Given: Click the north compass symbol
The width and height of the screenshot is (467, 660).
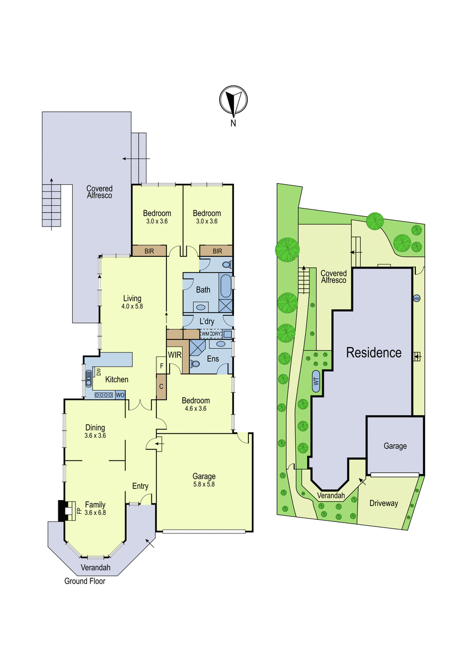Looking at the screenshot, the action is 233,100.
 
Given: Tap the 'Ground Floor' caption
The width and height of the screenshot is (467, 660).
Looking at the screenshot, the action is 85,581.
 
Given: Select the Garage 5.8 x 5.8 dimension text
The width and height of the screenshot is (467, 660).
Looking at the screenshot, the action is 204,484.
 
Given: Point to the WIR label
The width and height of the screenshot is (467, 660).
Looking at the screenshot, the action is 175,355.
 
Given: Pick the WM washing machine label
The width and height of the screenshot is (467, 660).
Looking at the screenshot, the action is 205,334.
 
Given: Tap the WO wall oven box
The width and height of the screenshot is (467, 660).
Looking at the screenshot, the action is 120,395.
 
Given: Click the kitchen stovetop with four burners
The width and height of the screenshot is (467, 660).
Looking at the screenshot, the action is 104,395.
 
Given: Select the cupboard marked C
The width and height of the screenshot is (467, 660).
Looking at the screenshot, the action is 161,387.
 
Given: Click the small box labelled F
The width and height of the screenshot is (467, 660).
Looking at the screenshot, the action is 161,366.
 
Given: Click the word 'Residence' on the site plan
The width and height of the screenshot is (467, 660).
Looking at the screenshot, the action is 374,353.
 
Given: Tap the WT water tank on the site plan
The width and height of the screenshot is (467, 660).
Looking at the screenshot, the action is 316,381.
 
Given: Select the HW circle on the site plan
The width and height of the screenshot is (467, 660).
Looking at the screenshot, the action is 416,298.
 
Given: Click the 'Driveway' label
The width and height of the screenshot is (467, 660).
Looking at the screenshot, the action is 383,503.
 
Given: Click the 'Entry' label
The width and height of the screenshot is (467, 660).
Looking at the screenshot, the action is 140,486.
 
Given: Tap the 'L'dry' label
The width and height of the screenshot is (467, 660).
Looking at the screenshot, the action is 207,321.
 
